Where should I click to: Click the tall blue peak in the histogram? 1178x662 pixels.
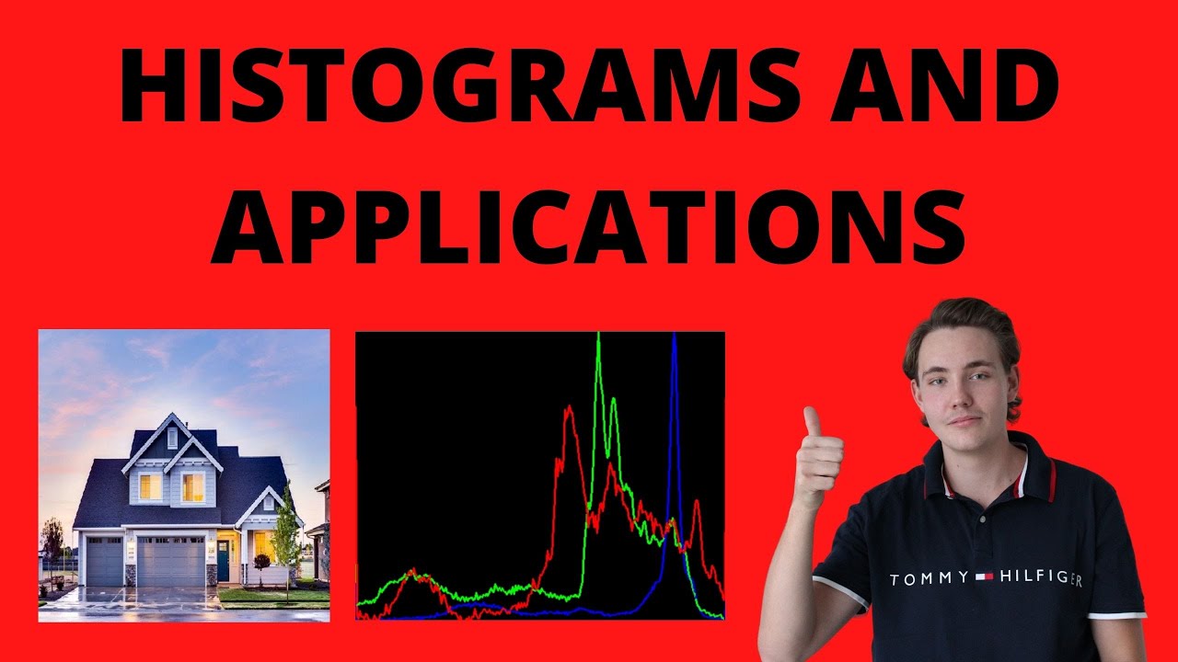coord(675,368)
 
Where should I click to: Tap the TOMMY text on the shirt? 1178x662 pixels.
coord(929,578)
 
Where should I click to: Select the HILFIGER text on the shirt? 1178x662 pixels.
coord(1041,579)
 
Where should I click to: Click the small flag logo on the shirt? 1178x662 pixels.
coord(985,577)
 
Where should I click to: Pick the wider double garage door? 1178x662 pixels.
coord(171,561)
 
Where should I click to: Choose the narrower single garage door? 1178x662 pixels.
coord(104,561)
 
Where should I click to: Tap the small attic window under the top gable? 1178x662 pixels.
coord(172,438)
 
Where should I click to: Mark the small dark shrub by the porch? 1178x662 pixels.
coord(261,562)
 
